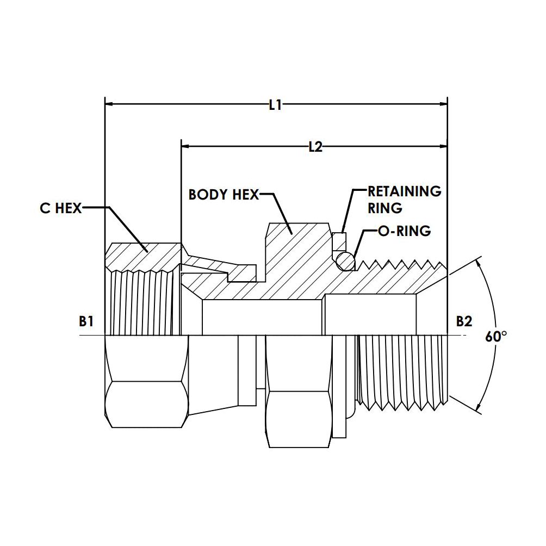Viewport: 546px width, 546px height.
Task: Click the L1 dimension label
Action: pyautogui.click(x=275, y=104)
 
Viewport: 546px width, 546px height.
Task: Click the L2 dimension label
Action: pyautogui.click(x=316, y=147)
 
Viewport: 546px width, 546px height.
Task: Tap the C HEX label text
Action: pyautogui.click(x=60, y=208)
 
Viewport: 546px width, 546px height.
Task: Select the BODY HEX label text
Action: pyautogui.click(x=224, y=194)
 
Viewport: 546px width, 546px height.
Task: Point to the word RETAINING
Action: pyautogui.click(x=405, y=191)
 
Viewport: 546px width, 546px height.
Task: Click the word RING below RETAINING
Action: pyautogui.click(x=385, y=208)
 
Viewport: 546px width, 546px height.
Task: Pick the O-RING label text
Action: pyautogui.click(x=404, y=231)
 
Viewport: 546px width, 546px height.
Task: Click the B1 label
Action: pyautogui.click(x=86, y=321)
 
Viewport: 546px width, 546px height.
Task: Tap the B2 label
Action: pyautogui.click(x=464, y=321)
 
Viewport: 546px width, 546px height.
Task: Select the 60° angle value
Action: pyautogui.click(x=496, y=337)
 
